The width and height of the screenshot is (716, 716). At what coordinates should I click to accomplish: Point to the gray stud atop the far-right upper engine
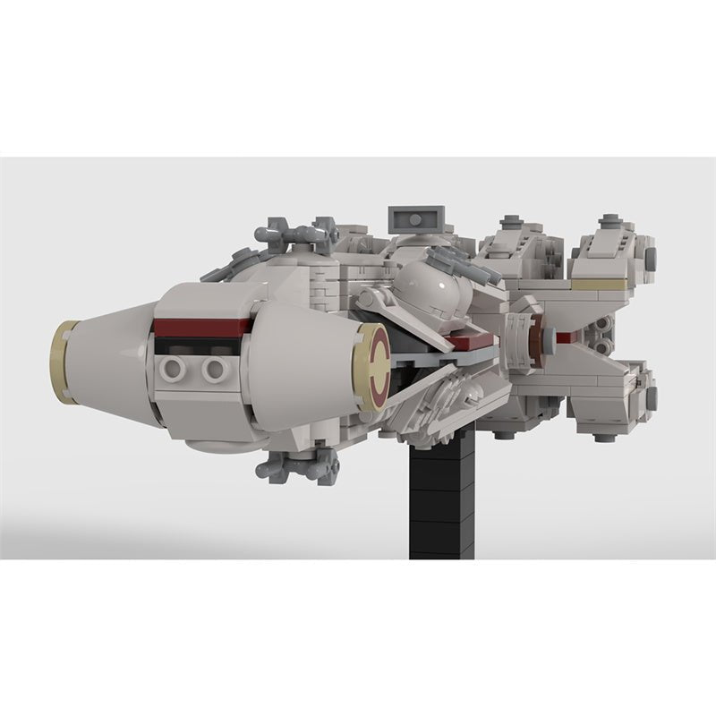point(611,219)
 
